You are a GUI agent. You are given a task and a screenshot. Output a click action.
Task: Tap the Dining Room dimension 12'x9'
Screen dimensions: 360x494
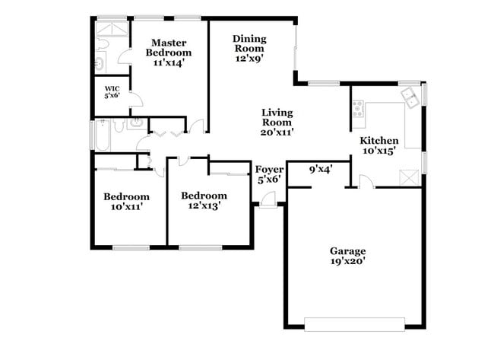click(x=248, y=57)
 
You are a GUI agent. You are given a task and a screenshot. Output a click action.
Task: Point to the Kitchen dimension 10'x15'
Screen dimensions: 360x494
click(x=379, y=151)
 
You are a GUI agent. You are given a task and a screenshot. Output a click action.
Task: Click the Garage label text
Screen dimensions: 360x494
click(x=347, y=250)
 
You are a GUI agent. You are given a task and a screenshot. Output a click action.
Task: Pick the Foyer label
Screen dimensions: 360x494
click(x=269, y=169)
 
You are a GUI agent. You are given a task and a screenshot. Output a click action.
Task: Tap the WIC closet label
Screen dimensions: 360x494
click(x=112, y=88)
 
